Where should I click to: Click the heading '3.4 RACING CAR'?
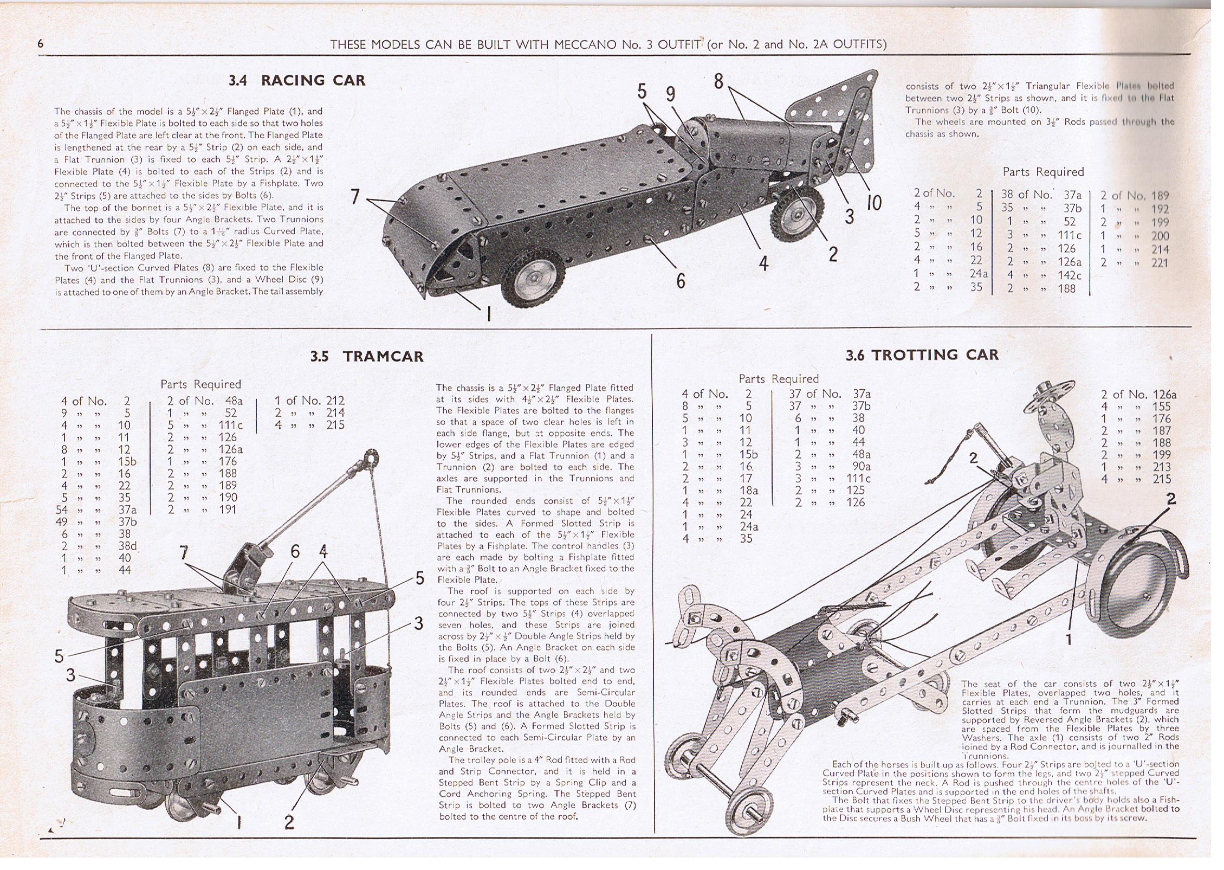coord(297,81)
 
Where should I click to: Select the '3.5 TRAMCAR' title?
coord(367,356)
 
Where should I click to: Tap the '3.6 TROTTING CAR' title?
coord(922,355)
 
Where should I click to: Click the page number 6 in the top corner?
coord(41,44)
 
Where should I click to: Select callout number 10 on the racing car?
coord(873,203)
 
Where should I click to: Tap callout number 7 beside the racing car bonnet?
coord(355,196)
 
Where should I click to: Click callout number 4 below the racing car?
coord(763,263)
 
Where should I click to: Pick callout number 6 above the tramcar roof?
coord(295,552)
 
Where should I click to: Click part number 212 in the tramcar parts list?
coord(335,401)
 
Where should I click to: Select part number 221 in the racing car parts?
coord(1160,263)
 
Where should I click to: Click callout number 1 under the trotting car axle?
coord(1068,640)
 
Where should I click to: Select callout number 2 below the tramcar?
coord(289,822)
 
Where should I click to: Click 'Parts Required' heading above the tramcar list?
coord(200,384)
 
